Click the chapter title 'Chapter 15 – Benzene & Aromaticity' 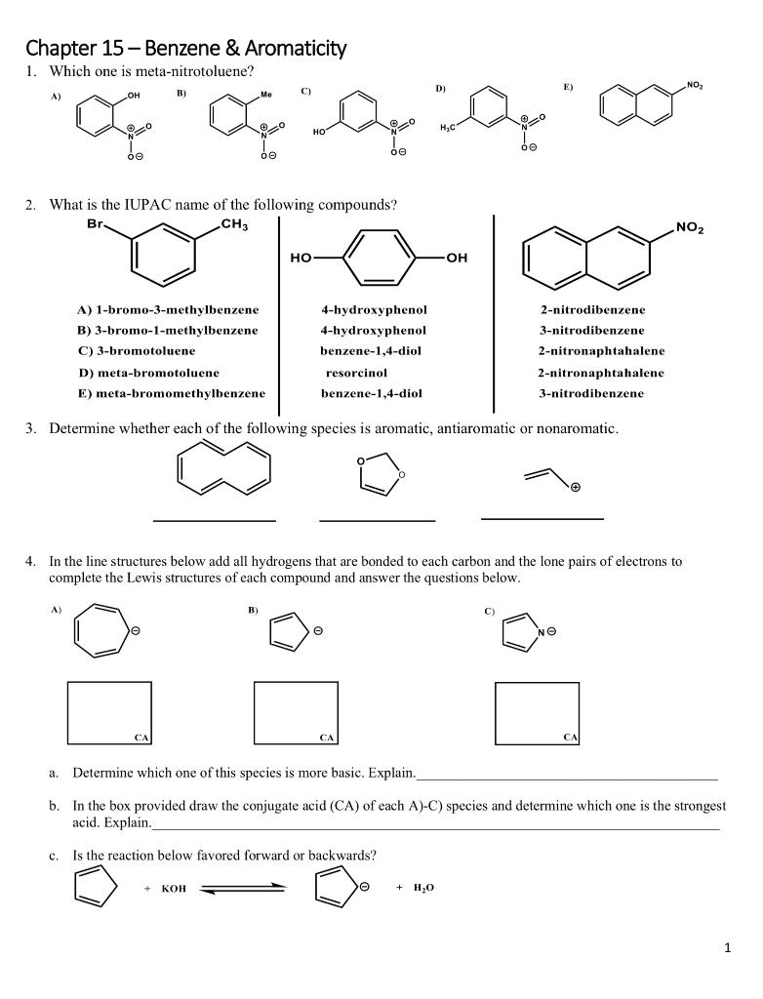[185, 48]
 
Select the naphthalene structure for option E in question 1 [634, 106]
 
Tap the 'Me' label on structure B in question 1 [265, 96]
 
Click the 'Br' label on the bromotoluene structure [95, 224]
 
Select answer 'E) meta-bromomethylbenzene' [172, 394]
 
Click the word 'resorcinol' [356, 373]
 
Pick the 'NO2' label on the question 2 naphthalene [689, 229]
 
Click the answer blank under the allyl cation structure [542, 518]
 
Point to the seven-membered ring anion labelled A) [103, 633]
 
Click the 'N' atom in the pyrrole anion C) [541, 634]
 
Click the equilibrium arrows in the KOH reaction [243, 889]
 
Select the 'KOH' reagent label [174, 889]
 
